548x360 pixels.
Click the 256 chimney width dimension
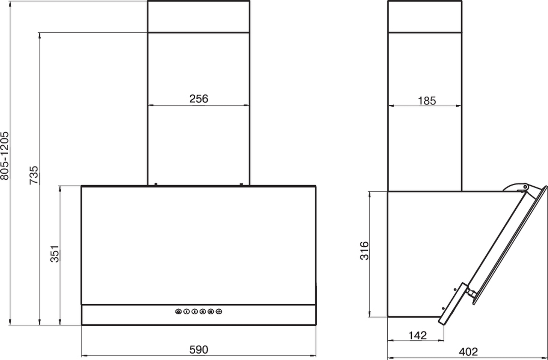click(x=199, y=98)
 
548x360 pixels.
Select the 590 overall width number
click(x=199, y=350)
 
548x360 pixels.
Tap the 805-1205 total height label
click(x=5, y=156)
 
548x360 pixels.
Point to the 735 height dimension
click(x=34, y=175)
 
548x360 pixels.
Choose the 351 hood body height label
click(x=55, y=254)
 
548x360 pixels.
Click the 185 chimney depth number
click(x=427, y=101)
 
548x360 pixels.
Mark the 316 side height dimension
click(x=364, y=251)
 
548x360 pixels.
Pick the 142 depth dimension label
click(x=418, y=335)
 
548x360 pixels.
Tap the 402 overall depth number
click(x=468, y=352)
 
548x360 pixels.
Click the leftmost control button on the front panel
click(x=178, y=312)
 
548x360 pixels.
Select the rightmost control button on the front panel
click(x=219, y=312)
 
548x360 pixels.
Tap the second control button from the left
click(x=186, y=312)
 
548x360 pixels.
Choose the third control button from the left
click(x=195, y=312)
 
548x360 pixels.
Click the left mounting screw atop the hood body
click(x=156, y=184)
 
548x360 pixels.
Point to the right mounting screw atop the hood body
click(x=241, y=184)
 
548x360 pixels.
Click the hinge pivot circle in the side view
click(x=525, y=187)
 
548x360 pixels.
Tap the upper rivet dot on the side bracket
click(x=455, y=290)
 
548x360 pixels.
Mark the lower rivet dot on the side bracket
click(x=443, y=309)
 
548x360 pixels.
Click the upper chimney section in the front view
click(x=199, y=17)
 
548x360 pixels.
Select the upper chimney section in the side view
click(x=425, y=17)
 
